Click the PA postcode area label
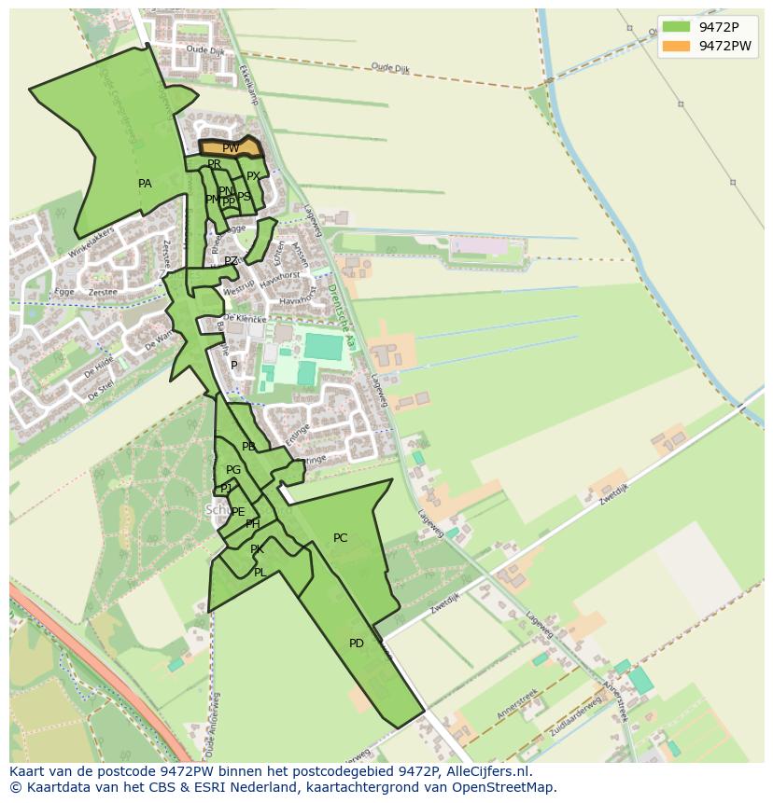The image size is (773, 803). click(145, 184)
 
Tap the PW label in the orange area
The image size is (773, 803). click(231, 148)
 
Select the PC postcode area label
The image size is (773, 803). click(340, 538)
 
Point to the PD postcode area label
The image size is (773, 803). click(356, 644)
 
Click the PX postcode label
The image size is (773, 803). click(253, 176)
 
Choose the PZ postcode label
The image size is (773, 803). click(231, 261)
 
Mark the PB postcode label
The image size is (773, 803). click(248, 447)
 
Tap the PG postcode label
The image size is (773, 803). click(233, 470)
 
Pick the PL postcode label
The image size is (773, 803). click(260, 573)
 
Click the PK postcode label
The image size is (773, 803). click(257, 550)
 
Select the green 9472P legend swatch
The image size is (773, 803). click(676, 26)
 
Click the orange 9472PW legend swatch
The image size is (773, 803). click(676, 46)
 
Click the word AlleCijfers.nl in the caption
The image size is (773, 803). click(486, 771)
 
